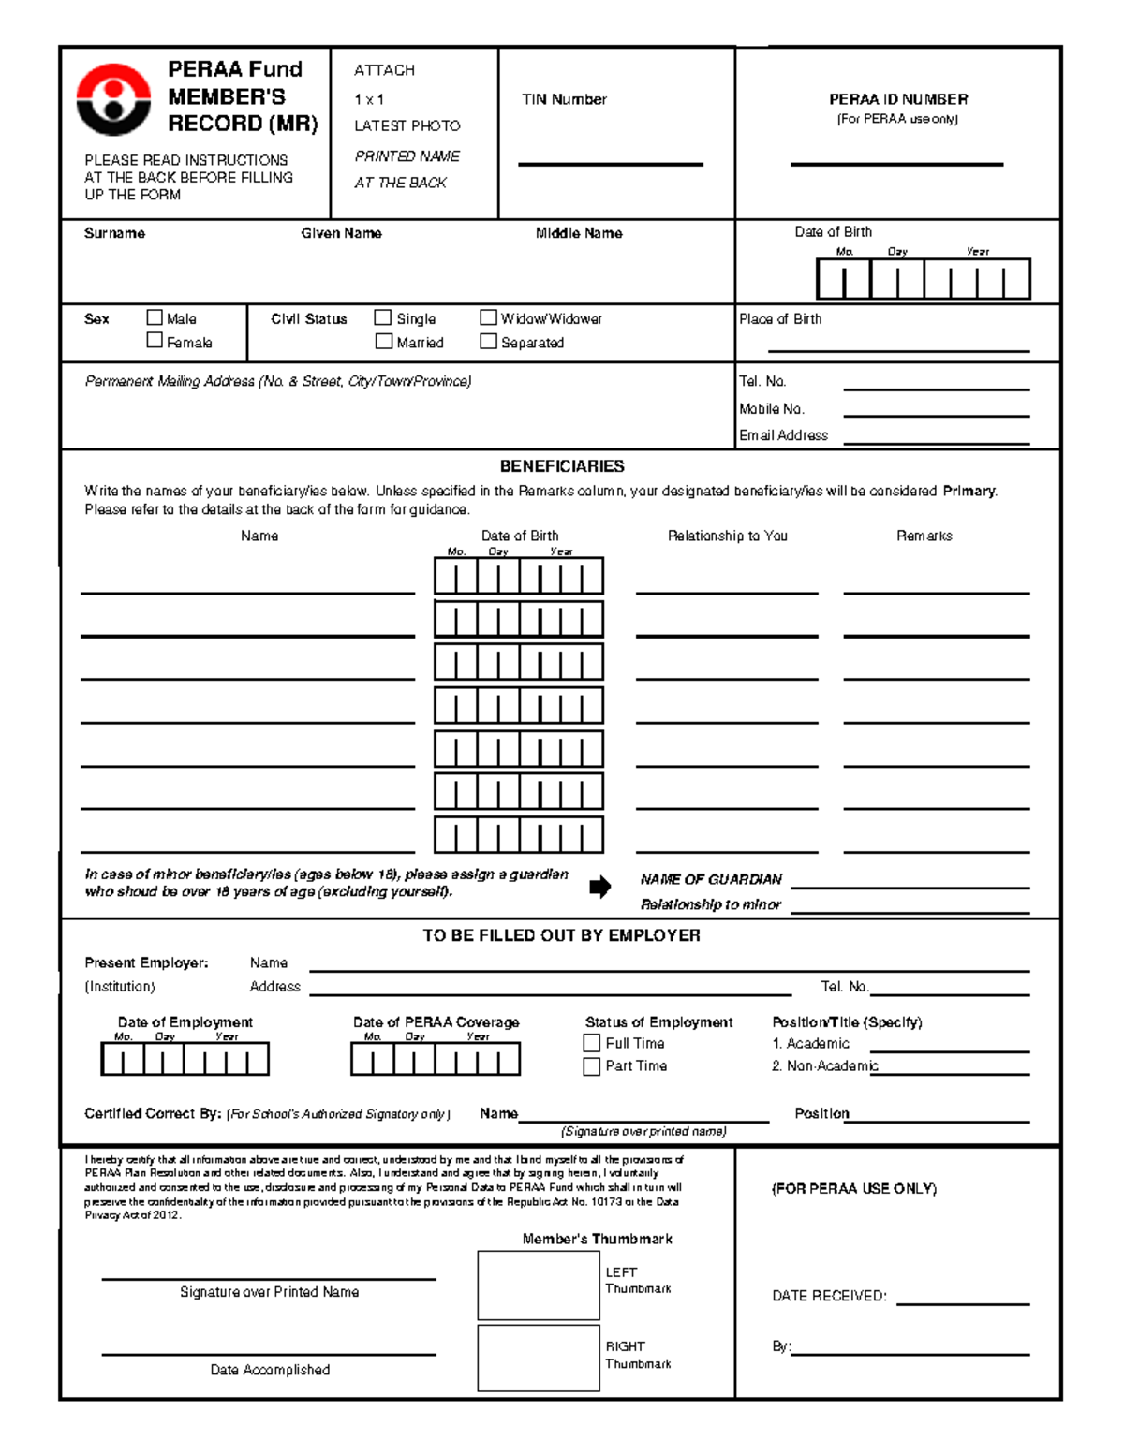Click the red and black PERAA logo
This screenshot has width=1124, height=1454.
click(x=112, y=99)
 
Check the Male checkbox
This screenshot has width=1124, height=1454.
click(x=155, y=318)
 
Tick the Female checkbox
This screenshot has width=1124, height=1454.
click(x=155, y=342)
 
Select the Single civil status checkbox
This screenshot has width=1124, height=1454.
click(x=383, y=318)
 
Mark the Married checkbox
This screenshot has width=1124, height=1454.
click(x=383, y=342)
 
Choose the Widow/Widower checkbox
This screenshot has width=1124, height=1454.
click(x=488, y=318)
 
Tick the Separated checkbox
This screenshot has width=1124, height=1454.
click(x=488, y=342)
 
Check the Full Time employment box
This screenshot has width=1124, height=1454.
click(x=591, y=1043)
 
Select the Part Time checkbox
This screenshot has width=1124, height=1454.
click(x=591, y=1066)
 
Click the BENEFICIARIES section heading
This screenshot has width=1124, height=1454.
click(x=562, y=466)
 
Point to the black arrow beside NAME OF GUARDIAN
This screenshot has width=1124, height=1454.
click(x=599, y=888)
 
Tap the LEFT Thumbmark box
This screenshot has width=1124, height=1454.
click(x=538, y=1285)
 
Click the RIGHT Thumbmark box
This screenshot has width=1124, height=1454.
click(x=538, y=1358)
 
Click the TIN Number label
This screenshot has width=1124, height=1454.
click(x=564, y=99)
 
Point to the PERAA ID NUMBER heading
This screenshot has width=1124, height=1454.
click(x=897, y=99)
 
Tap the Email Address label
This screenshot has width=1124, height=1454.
click(x=783, y=435)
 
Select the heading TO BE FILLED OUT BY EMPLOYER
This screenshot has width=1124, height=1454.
click(x=561, y=935)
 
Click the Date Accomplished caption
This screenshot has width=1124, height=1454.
click(x=270, y=1370)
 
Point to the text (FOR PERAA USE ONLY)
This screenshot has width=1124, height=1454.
click(x=853, y=1189)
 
